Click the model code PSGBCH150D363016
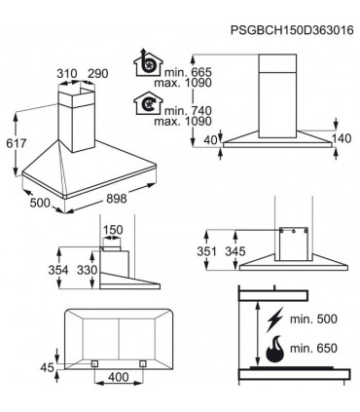(292, 30)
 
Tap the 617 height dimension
(17, 143)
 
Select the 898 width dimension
(117, 198)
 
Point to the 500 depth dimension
(40, 203)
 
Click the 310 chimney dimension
(67, 74)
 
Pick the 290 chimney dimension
(98, 74)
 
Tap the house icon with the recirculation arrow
(148, 103)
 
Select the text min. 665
(188, 72)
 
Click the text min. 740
(188, 111)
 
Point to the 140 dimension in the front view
(342, 138)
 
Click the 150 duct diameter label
(113, 230)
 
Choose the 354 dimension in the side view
(58, 270)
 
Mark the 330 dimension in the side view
(88, 270)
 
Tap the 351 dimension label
(206, 251)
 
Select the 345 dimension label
(235, 251)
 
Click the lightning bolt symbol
(274, 319)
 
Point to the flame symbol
(274, 349)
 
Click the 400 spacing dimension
(119, 377)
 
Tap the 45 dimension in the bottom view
(47, 367)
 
